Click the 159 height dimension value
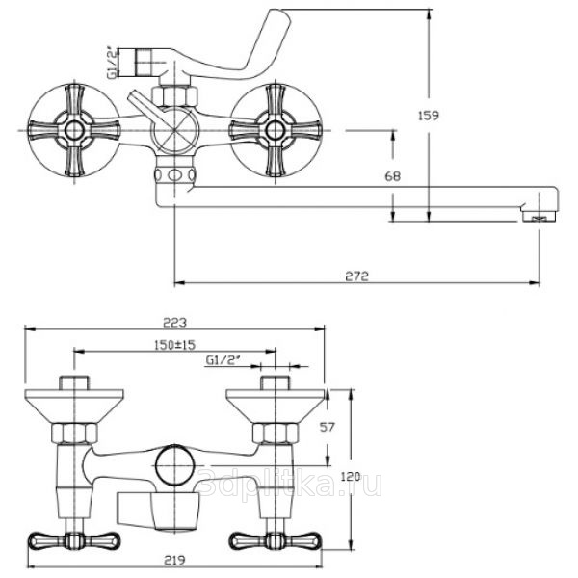tap(429, 116)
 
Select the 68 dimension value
tap(393, 176)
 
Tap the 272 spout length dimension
tap(356, 276)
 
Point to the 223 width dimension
tap(175, 323)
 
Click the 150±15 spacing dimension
tap(174, 345)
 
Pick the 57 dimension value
tap(327, 427)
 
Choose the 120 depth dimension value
tap(351, 476)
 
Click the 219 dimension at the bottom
tap(174, 560)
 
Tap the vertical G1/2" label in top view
tap(113, 63)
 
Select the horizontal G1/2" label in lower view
tap(223, 359)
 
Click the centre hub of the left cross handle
tap(74, 130)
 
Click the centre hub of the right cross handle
tap(275, 130)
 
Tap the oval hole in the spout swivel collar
tap(175, 174)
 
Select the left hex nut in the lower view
tap(74, 433)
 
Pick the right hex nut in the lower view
tap(276, 433)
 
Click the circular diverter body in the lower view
tap(174, 464)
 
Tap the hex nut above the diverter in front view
tap(174, 95)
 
